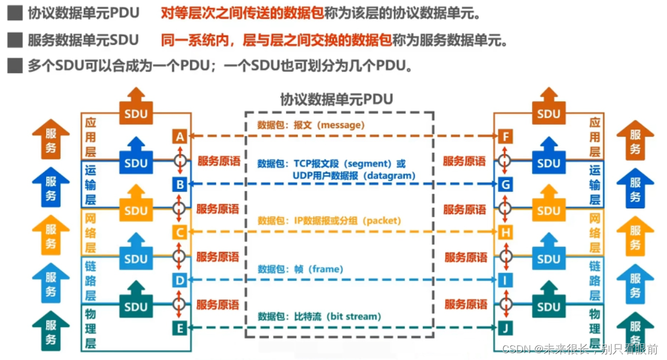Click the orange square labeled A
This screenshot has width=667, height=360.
pyautogui.click(x=180, y=137)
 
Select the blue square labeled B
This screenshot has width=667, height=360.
pyautogui.click(x=180, y=184)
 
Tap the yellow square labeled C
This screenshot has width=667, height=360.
pyautogui.click(x=180, y=233)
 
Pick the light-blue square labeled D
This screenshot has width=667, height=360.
pyautogui.click(x=180, y=280)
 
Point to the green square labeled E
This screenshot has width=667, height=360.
pyautogui.click(x=180, y=328)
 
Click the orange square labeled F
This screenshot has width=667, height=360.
pyautogui.click(x=506, y=137)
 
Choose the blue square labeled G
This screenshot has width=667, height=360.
pyautogui.click(x=506, y=184)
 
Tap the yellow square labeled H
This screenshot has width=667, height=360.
pyautogui.click(x=506, y=233)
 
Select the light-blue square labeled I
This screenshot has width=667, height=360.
pyautogui.click(x=506, y=280)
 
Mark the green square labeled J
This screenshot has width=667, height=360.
pyautogui.click(x=506, y=328)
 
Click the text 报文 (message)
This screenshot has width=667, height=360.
pyautogui.click(x=329, y=125)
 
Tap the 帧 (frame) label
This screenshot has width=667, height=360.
pyautogui.click(x=318, y=269)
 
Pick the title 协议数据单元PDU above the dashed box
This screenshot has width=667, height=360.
pyautogui.click(x=337, y=99)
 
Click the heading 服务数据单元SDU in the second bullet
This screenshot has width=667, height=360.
pyautogui.click(x=83, y=40)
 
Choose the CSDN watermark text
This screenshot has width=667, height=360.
pyautogui.click(x=580, y=349)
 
